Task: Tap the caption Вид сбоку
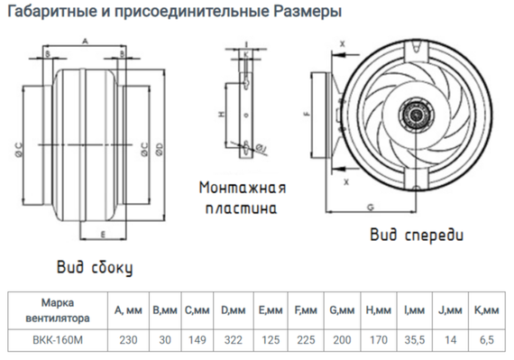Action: tap(94, 267)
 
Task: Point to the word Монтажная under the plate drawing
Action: tap(243, 189)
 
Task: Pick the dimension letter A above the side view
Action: tap(85, 42)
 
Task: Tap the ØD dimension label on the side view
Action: tap(159, 146)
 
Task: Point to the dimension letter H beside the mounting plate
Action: tap(220, 114)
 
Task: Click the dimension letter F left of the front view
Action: tap(307, 115)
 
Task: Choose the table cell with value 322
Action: tap(232, 341)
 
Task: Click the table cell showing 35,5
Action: tap(414, 341)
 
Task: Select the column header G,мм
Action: tap(342, 310)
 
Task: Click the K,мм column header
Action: tap(488, 310)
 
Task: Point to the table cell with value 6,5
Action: tap(488, 341)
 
